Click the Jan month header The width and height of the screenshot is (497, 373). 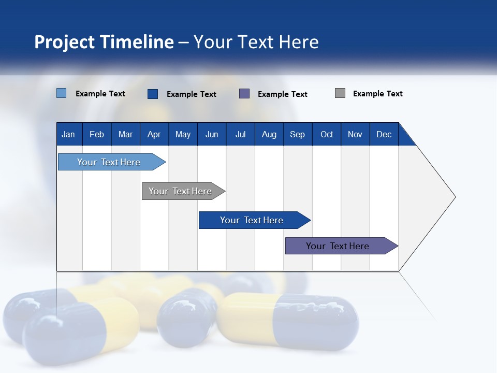tap(68, 134)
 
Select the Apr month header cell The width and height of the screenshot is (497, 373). tap(154, 134)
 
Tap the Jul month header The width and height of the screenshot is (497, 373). tap(240, 134)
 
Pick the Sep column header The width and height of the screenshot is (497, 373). tap(297, 134)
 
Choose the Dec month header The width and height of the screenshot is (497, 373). tap(384, 134)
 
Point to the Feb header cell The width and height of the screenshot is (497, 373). tap(97, 134)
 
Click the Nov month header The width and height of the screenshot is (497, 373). tap(355, 134)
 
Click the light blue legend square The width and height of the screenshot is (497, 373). tap(61, 93)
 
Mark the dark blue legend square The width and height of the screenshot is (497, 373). tap(153, 94)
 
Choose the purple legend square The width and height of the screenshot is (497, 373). tap(244, 93)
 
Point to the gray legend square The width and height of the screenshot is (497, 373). tap(340, 93)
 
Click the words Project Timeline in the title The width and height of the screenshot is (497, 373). tap(104, 42)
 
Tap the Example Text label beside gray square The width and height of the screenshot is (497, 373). tap(377, 94)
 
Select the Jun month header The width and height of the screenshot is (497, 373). tap(212, 134)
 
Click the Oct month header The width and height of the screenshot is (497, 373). tap(327, 134)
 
